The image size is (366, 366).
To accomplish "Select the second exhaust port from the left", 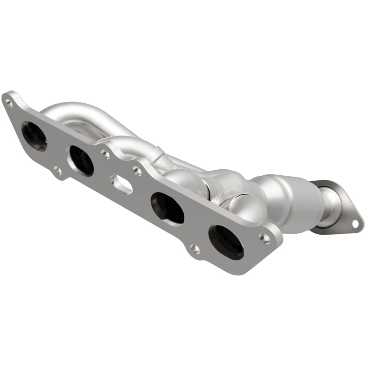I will pyautogui.click(x=81, y=161).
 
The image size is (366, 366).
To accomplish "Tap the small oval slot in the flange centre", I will pyautogui.click(x=122, y=184).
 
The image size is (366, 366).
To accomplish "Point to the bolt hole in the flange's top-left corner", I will pyautogui.click(x=9, y=103).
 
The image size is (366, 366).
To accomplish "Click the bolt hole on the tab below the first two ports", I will pyautogui.click(x=58, y=172).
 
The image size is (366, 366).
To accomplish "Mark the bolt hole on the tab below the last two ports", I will pyautogui.click(x=195, y=249).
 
